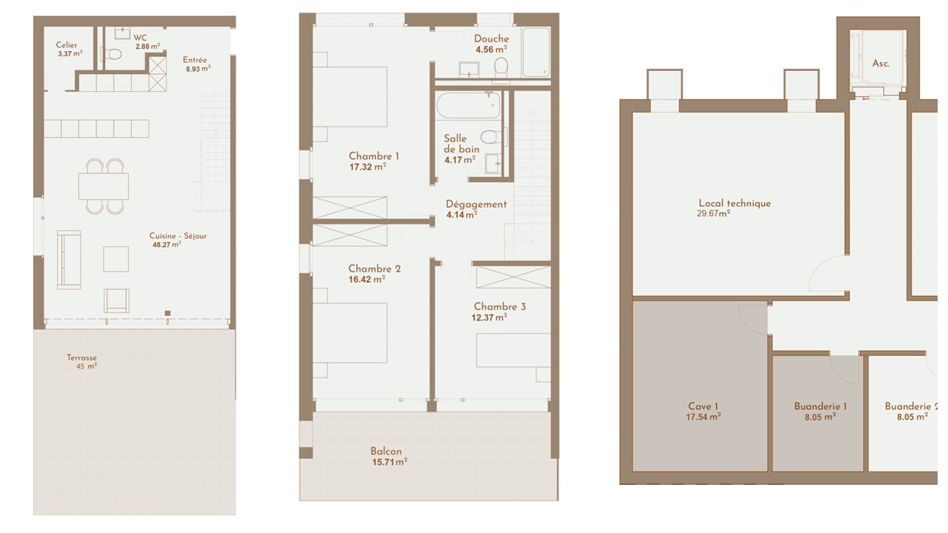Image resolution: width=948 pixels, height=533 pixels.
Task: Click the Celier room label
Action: (67, 45)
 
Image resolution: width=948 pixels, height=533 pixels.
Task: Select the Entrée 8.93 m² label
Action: (196, 64)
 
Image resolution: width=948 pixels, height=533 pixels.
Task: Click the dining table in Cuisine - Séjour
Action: (104, 186)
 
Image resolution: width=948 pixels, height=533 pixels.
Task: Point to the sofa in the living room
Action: (69, 260)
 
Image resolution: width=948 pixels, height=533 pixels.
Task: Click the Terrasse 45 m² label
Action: (82, 362)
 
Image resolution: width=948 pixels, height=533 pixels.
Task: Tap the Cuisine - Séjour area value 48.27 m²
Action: (167, 244)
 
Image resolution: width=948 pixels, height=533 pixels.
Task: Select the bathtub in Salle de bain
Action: (469, 105)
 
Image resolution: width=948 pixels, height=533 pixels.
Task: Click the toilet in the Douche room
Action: (501, 67)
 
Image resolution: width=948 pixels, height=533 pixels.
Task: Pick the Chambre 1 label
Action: (374, 156)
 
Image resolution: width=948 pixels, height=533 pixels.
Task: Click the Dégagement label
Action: (476, 204)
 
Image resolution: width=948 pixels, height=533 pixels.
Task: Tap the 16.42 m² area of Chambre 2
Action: (367, 279)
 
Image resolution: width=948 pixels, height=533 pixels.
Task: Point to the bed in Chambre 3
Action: (513, 350)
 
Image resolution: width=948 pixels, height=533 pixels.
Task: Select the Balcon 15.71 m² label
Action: (390, 457)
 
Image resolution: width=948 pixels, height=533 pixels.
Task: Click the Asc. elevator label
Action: (881, 64)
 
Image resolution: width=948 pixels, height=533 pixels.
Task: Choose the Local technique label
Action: (735, 204)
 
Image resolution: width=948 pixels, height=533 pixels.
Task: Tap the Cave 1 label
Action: (704, 406)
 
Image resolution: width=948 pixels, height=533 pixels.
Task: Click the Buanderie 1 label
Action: (821, 406)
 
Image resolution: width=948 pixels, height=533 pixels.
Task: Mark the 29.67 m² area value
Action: (713, 214)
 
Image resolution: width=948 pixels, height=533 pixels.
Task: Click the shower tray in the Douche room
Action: (536, 52)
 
